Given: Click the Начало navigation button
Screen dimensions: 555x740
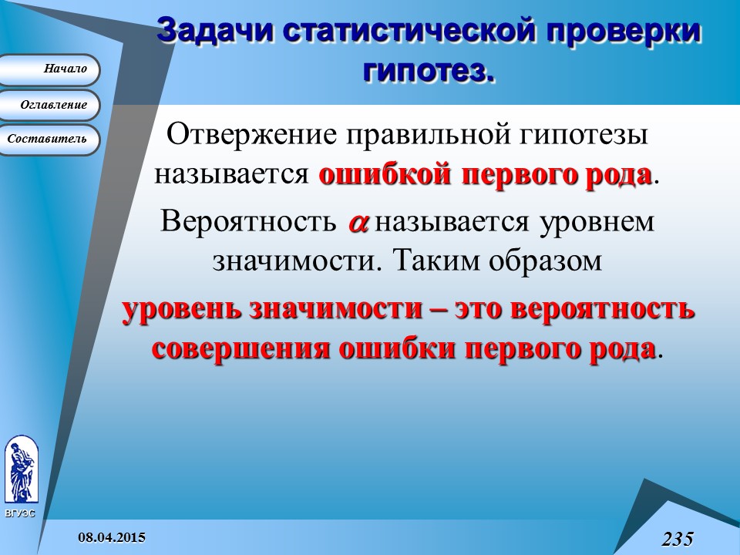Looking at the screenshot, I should coord(51,69).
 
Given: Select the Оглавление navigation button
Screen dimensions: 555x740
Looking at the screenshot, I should coord(51,105).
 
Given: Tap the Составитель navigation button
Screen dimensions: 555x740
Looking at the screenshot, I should coord(51,140).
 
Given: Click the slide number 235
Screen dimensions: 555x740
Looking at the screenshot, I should coord(677,538).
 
